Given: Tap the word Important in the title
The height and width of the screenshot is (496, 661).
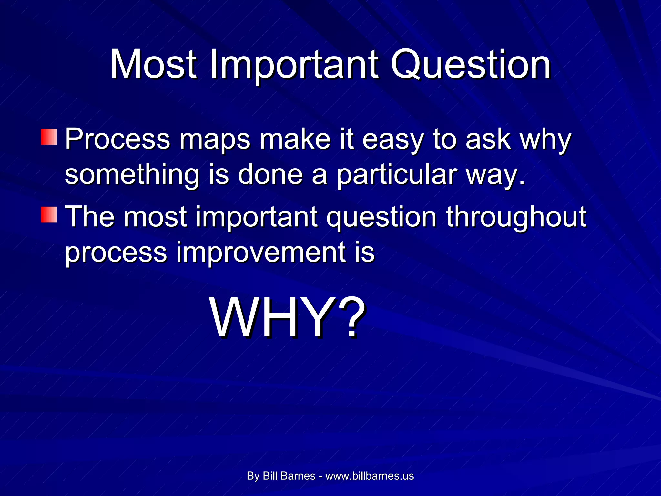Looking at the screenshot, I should (294, 65).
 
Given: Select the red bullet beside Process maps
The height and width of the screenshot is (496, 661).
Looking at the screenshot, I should (49, 137).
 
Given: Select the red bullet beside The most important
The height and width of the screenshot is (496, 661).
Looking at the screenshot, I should (49, 215).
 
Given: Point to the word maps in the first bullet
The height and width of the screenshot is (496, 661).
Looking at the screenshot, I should (215, 139).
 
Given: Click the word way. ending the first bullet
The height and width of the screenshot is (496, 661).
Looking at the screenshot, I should (495, 175).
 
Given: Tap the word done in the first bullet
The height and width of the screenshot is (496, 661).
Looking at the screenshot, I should (270, 175).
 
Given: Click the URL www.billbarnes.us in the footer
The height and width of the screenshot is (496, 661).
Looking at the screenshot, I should (370, 476).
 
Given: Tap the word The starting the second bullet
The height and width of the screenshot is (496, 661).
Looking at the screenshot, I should (90, 216).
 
